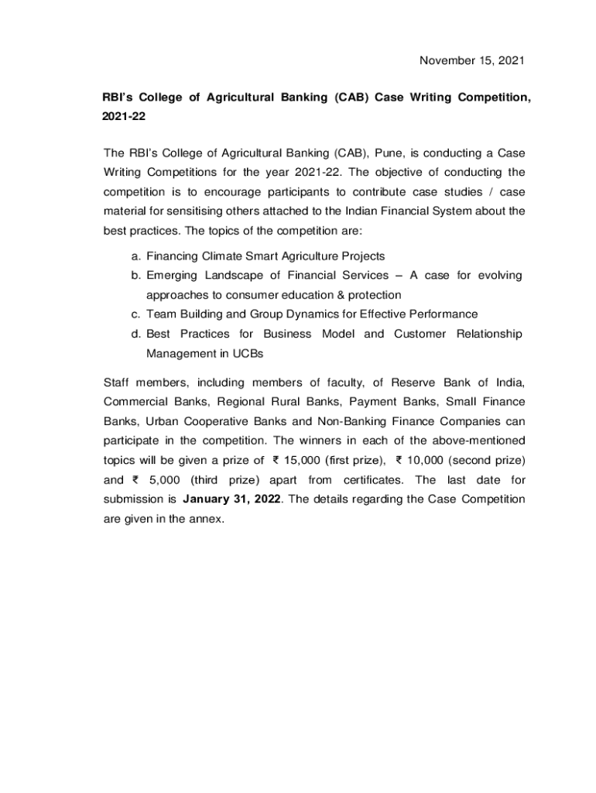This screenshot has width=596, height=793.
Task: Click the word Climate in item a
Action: pos(220,256)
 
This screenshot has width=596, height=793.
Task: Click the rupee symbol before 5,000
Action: pos(132,479)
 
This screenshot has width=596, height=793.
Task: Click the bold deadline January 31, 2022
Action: pos(231,499)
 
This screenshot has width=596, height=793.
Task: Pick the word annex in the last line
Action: pos(204,518)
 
